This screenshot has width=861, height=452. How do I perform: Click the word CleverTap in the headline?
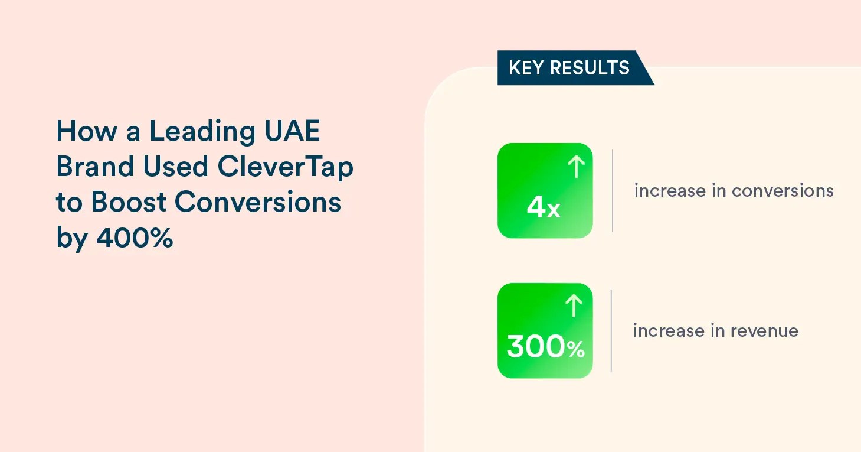pos(285,167)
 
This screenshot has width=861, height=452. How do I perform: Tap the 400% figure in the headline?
pos(135,238)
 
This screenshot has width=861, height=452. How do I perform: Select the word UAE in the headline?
pos(292,131)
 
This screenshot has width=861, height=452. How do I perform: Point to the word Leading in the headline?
pos(202,131)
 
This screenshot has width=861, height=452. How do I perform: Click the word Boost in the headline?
pos(129,202)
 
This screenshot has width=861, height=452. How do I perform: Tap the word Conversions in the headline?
pos(258,202)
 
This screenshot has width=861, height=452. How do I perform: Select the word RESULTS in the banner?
pos(590,68)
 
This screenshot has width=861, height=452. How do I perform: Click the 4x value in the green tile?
pos(544,207)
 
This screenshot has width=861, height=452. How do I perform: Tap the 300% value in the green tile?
pos(546,346)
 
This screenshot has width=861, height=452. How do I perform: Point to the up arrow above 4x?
pos(576,167)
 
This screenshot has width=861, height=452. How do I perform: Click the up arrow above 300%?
pos(574,306)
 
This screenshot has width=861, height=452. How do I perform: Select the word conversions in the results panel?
pos(782,191)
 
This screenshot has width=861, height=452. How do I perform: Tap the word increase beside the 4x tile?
pos(670,191)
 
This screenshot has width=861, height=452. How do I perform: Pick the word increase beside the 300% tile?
pos(669,331)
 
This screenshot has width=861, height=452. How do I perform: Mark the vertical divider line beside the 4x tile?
pos(613,191)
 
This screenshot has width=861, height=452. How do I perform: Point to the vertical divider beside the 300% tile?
pos(611,331)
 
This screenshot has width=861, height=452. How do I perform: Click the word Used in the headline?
pos(175,166)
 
